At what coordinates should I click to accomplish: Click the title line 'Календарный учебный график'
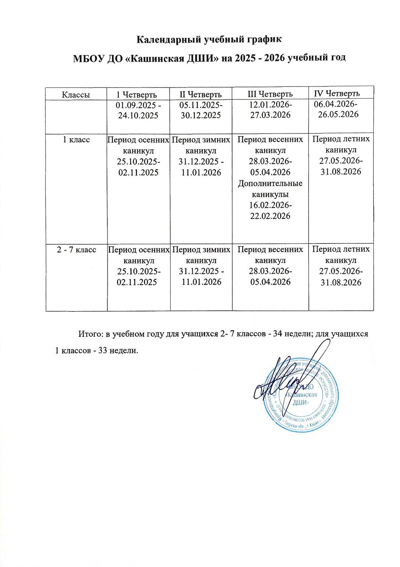pyautogui.click(x=209, y=39)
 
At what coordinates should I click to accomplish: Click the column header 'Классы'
pyautogui.click(x=76, y=95)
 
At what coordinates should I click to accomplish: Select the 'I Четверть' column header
pyautogui.click(x=137, y=95)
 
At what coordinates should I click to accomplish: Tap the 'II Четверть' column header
pyautogui.click(x=201, y=94)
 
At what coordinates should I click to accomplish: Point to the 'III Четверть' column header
pyautogui.click(x=270, y=94)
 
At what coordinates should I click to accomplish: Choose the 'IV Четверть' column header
pyautogui.click(x=337, y=93)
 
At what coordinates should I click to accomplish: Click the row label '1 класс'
pyautogui.click(x=76, y=140)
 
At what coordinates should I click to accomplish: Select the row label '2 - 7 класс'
pyautogui.click(x=77, y=249)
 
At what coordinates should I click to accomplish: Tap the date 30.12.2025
pyautogui.click(x=201, y=115)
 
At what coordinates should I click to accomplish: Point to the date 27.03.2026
pyautogui.click(x=270, y=115)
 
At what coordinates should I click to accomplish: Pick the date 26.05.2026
pyautogui.click(x=338, y=114)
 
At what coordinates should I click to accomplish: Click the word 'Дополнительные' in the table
pyautogui.click(x=270, y=184)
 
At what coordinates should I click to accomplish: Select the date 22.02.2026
pyautogui.click(x=270, y=216)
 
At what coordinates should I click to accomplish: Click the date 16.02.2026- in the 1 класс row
pyautogui.click(x=270, y=205)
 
